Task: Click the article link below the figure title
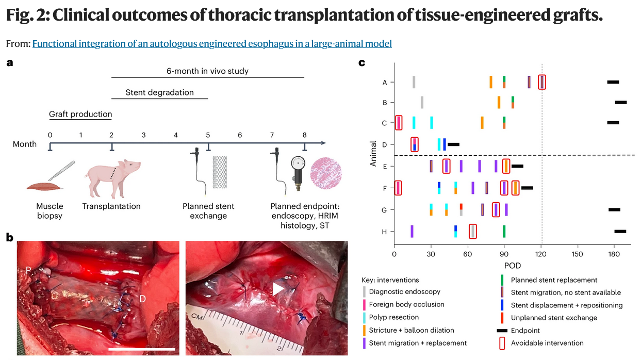pyautogui.click(x=212, y=44)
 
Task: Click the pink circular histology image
pyautogui.click(x=326, y=172)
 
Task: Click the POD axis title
pyautogui.click(x=512, y=266)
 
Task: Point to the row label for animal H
pyautogui.click(x=384, y=232)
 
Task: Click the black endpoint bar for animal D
pyautogui.click(x=453, y=144)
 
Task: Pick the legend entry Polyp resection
pyautogui.click(x=394, y=317)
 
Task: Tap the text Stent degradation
pyautogui.click(x=160, y=93)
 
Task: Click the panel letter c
pyautogui.click(x=362, y=63)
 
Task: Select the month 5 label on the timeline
pyautogui.click(x=208, y=135)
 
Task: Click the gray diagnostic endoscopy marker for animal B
pyautogui.click(x=422, y=102)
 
